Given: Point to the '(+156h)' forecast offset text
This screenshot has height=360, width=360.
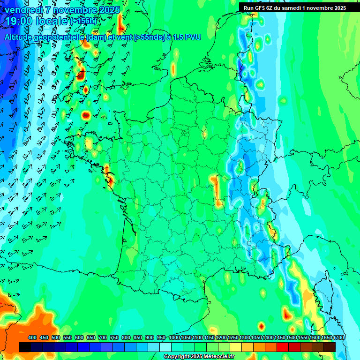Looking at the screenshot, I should click(x=83, y=21).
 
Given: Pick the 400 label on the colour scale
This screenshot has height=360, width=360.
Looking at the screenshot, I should click(x=32, y=337).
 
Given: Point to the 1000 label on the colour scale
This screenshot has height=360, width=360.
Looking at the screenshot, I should click(x=174, y=337).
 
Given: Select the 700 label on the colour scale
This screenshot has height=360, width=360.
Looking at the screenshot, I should click(x=103, y=337).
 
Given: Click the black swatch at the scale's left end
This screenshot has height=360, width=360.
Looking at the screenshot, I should click(x=25, y=347).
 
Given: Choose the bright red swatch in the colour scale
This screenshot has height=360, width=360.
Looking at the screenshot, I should click(x=283, y=347).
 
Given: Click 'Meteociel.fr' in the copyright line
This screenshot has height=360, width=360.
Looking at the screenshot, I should click(x=218, y=357).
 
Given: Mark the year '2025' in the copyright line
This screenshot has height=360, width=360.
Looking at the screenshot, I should click(x=195, y=357).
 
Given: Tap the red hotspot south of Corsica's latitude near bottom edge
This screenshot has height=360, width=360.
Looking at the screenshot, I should click(x=262, y=326).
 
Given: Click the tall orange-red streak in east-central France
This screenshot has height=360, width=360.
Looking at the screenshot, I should click(x=216, y=189).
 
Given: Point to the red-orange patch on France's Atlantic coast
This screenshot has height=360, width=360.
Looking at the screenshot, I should click(x=109, y=178).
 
